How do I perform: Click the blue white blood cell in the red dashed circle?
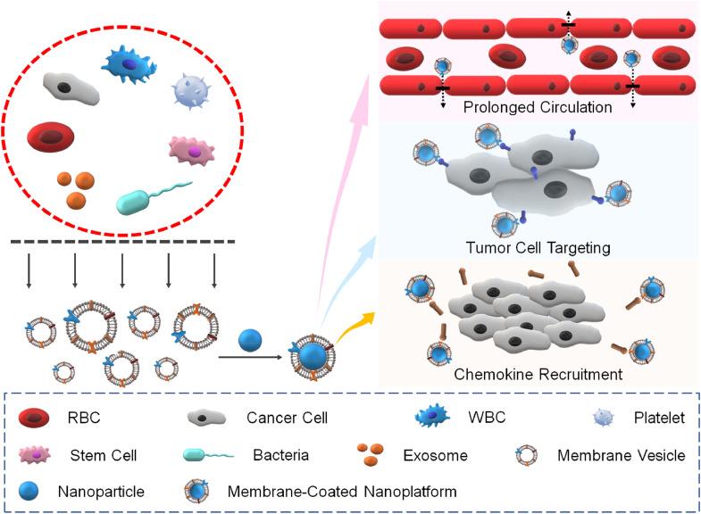point(130,62)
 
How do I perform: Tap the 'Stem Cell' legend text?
point(99,455)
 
